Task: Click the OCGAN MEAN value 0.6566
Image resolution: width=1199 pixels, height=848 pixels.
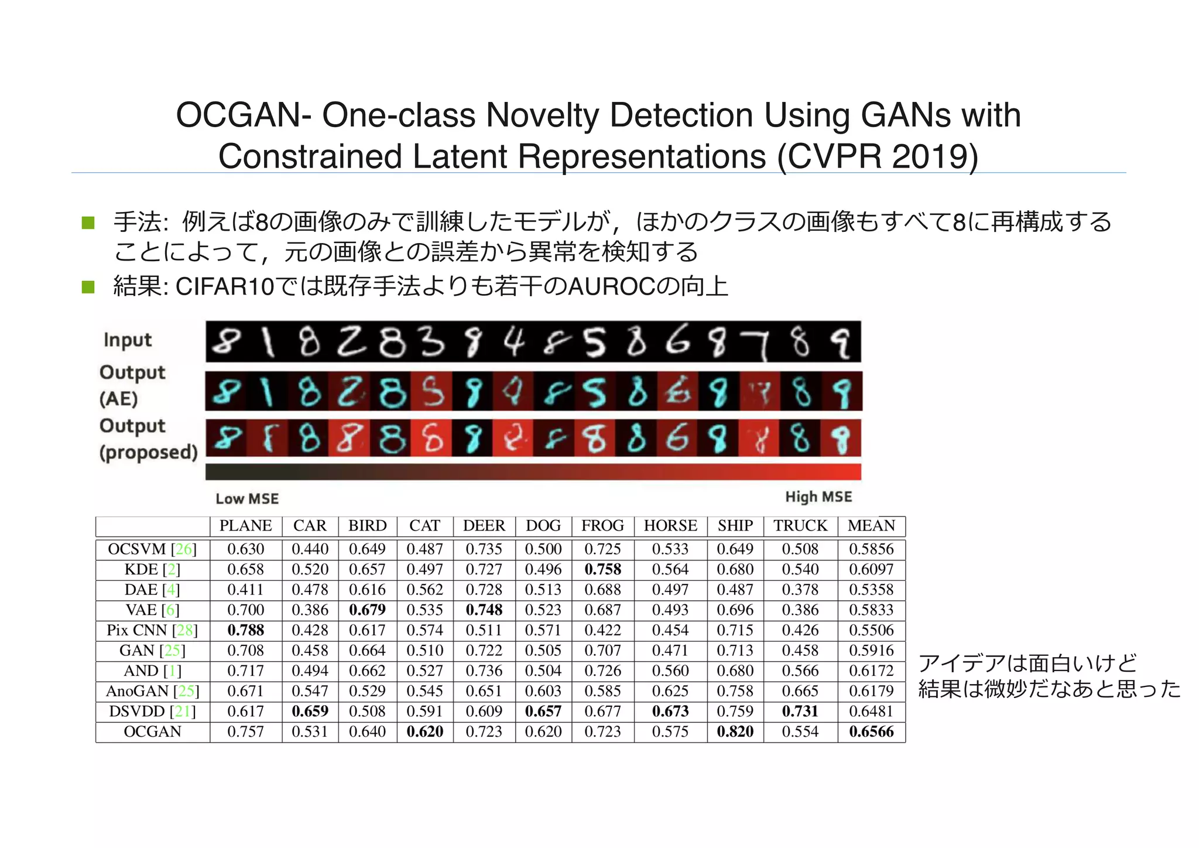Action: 871,731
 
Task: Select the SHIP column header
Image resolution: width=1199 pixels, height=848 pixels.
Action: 735,526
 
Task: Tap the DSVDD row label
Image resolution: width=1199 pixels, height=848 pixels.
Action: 152,712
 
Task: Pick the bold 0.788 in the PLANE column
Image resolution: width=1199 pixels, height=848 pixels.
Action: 246,630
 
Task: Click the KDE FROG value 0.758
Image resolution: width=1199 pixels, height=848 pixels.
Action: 602,569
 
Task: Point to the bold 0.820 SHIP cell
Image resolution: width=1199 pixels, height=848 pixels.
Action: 735,731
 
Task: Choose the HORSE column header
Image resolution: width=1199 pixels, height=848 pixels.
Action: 670,526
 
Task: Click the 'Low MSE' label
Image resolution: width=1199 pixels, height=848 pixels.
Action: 247,499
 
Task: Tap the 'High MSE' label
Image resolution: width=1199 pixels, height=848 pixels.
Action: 818,497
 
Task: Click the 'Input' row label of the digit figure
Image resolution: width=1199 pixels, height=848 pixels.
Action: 128,340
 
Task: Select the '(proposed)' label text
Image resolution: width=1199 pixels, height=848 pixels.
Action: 149,452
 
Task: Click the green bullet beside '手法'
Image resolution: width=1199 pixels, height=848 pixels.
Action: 88,223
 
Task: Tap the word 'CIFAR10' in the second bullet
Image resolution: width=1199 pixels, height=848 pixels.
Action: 225,287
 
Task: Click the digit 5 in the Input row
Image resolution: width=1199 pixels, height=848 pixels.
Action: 595,343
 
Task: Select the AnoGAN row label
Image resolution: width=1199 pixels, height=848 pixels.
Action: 152,691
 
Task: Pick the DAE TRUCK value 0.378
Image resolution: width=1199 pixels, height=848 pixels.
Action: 800,590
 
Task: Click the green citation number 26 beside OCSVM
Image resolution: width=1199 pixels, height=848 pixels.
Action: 184,549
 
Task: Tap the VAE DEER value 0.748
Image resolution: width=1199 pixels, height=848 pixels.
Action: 484,610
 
